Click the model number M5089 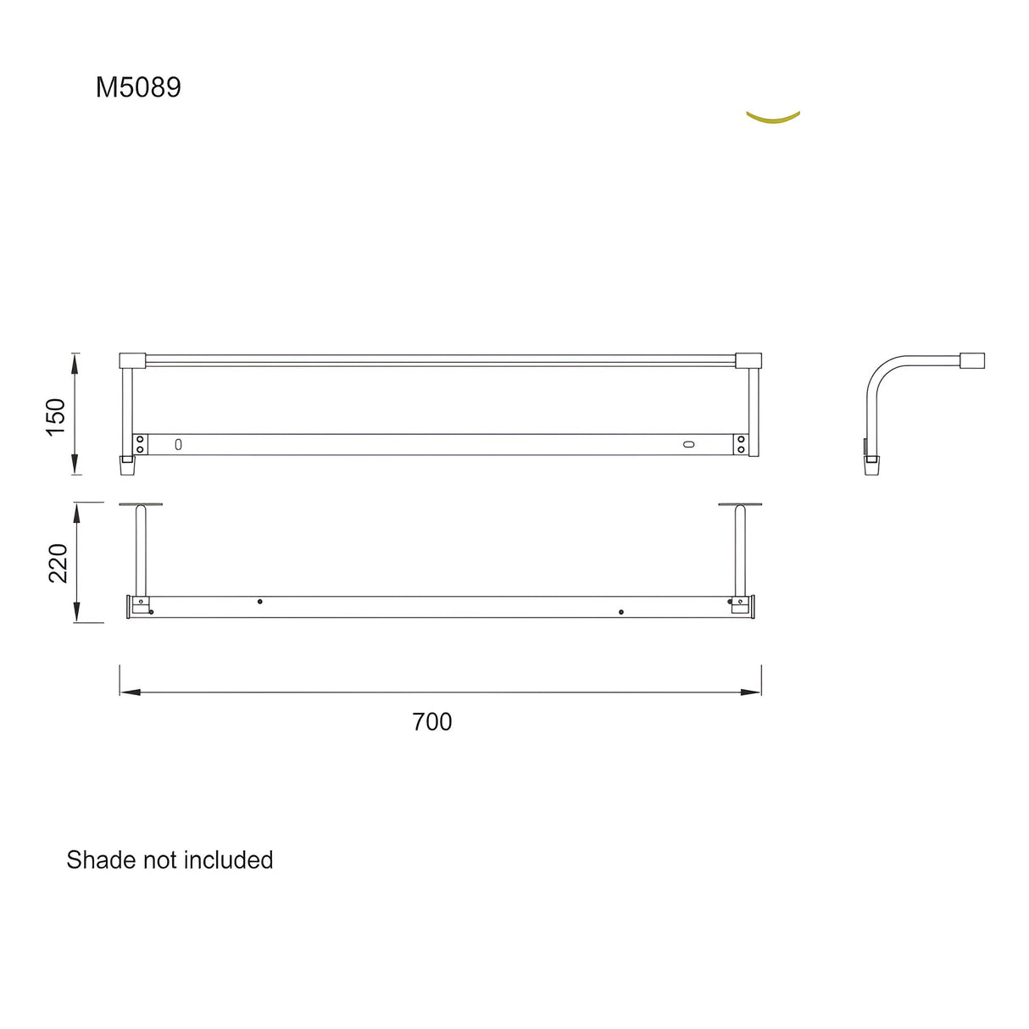click(138, 87)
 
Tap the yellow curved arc click(772, 120)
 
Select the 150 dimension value click(56, 416)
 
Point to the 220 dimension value click(58, 564)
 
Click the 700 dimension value click(432, 722)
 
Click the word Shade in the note click(101, 860)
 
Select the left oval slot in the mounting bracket click(178, 443)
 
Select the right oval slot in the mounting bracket click(688, 443)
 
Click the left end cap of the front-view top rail click(132, 360)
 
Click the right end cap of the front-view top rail click(748, 360)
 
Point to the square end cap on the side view click(971, 360)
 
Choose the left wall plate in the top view click(141, 505)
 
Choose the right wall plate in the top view click(740, 505)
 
